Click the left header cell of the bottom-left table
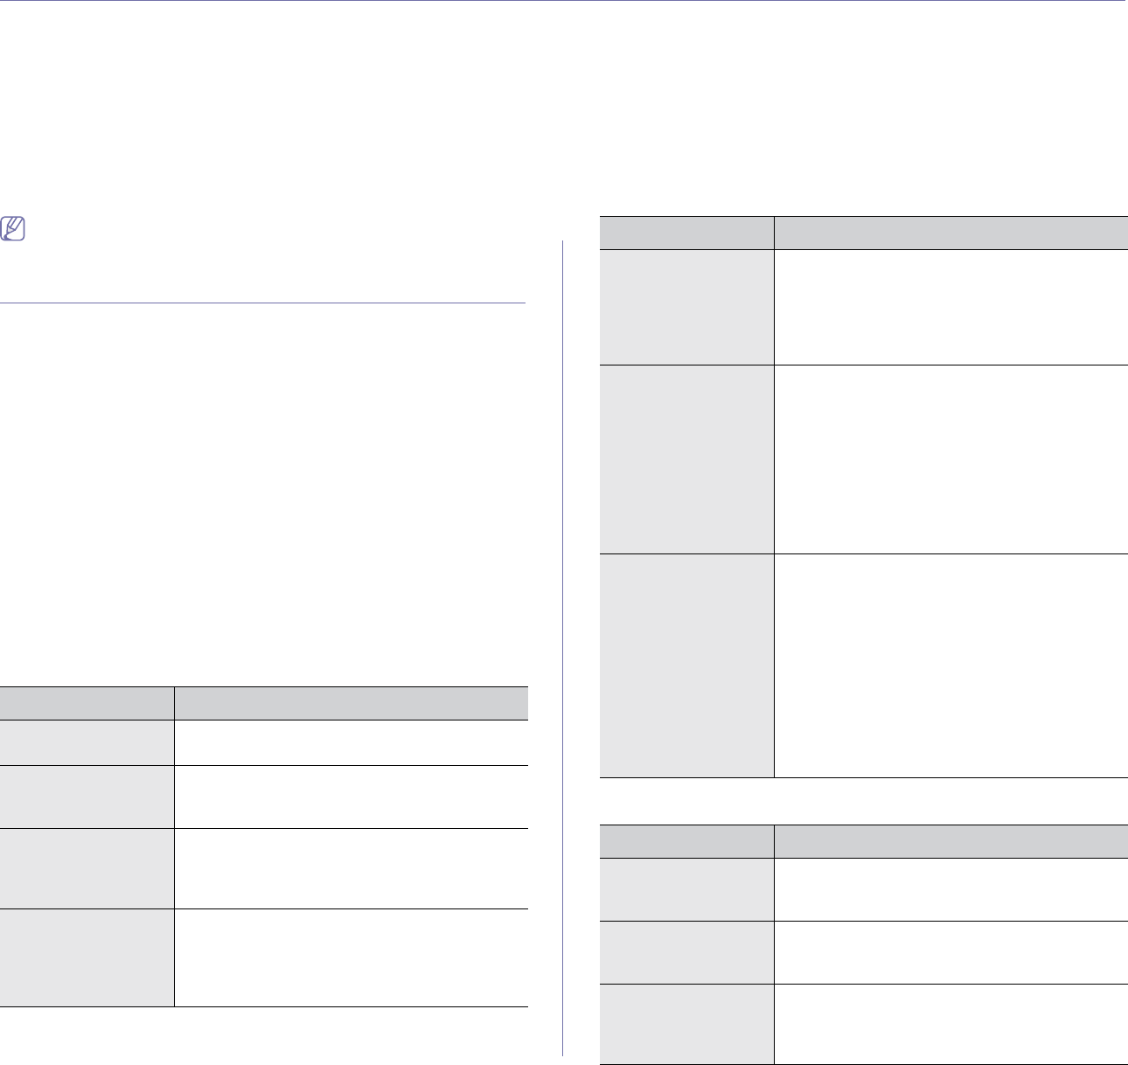[87, 703]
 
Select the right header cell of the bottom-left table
[351, 703]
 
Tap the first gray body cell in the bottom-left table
[87, 742]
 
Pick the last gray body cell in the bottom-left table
[87, 957]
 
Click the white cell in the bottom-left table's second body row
[351, 797]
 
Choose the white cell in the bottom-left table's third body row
[351, 868]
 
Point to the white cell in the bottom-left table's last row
[351, 957]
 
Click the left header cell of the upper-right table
[686, 233]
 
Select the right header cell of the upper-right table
[950, 233]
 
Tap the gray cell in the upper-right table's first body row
[686, 307]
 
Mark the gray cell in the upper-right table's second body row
[686, 458]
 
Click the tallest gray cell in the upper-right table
[686, 665]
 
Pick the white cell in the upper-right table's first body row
[950, 307]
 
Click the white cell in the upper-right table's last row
[950, 665]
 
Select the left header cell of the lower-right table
[686, 840]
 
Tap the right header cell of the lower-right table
[950, 840]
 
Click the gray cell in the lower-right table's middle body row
[686, 952]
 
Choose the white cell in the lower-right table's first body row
[950, 888]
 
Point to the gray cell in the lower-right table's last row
[686, 1023]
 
